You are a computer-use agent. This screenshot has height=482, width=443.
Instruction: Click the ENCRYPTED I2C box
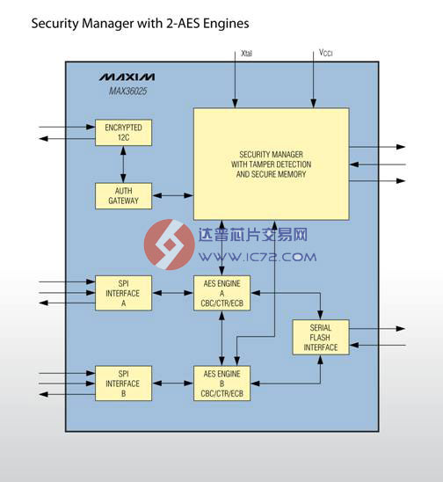coord(123,133)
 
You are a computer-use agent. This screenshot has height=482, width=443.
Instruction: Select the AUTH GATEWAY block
coord(123,196)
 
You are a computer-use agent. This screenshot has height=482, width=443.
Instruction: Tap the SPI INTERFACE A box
coord(123,293)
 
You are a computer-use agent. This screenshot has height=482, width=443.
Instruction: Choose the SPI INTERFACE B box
coord(123,383)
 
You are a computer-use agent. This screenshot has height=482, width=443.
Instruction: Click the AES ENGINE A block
coord(221,293)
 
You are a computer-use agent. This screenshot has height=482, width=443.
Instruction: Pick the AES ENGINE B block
coord(221,383)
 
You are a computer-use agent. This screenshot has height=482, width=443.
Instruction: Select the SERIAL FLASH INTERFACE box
coord(321,337)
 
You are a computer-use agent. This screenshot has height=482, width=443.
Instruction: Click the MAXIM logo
coord(127,77)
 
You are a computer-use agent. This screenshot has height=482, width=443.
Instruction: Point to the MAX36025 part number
coord(127,91)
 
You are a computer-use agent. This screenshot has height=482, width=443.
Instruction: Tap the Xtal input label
coord(246,53)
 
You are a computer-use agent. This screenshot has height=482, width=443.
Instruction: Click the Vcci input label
coord(325,53)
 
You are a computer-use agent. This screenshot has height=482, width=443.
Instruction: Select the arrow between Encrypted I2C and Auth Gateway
coord(123,164)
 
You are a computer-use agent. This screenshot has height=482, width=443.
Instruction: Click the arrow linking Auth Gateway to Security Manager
coord(172,195)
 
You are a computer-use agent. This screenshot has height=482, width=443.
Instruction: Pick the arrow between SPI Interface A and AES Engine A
coord(172,293)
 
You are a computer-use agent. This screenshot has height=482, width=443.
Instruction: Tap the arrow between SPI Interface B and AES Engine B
coord(172,383)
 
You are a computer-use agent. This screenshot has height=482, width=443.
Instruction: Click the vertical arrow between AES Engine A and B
coord(221,338)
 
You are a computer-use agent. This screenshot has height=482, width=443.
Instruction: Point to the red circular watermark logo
coord(170,245)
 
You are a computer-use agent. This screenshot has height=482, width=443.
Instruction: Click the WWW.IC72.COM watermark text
coord(258,257)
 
